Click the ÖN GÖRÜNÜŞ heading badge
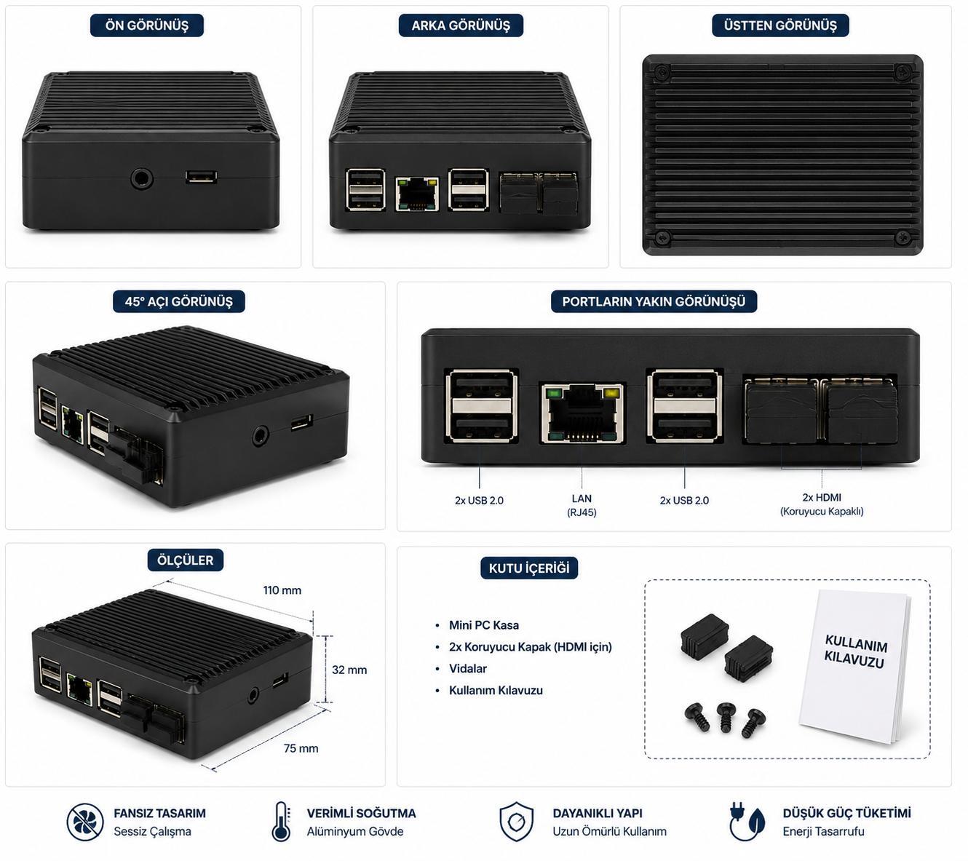[147, 25]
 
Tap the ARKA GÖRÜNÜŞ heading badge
[461, 25]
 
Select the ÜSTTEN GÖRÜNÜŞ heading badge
[779, 25]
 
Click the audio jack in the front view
[142, 179]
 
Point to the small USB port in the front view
[201, 177]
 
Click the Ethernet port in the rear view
[417, 194]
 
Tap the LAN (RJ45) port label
[582, 505]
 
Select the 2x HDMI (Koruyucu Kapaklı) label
[822, 504]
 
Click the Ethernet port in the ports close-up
[582, 413]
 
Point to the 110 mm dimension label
[282, 590]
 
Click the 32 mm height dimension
[349, 670]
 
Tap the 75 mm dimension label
[301, 748]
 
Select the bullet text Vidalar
[468, 668]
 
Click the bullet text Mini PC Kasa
[483, 625]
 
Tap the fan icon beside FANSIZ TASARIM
[85, 822]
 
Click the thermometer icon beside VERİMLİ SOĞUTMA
[281, 822]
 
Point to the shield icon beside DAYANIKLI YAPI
[517, 822]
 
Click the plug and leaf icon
[747, 822]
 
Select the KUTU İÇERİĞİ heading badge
[529, 568]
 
